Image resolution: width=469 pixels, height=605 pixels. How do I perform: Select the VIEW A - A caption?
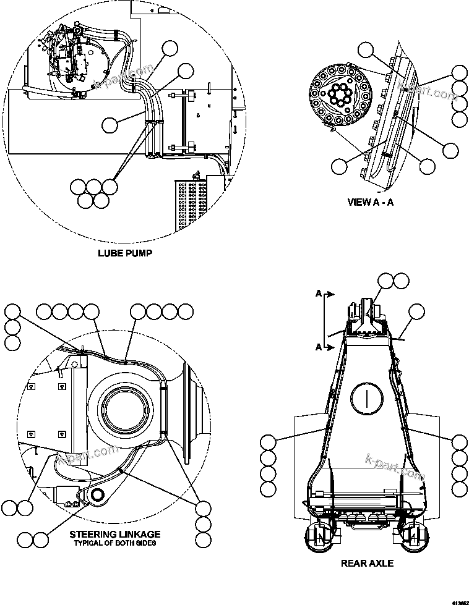(370, 201)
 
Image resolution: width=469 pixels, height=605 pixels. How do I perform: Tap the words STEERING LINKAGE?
(115, 534)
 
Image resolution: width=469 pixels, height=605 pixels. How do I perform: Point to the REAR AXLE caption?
(367, 563)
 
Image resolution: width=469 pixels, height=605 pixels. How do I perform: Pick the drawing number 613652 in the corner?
(459, 601)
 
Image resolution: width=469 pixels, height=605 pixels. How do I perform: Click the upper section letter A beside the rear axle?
(319, 295)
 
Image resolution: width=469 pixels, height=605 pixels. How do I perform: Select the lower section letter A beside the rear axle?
(319, 347)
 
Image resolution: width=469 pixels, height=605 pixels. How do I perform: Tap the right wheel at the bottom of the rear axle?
(413, 541)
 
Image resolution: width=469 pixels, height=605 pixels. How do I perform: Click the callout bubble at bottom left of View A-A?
(339, 165)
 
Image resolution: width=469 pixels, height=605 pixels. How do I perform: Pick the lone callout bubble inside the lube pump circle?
(110, 125)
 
